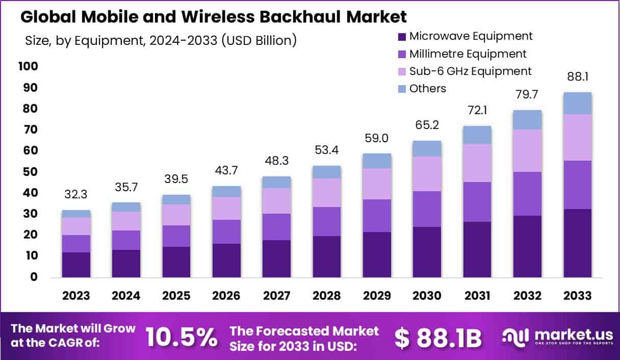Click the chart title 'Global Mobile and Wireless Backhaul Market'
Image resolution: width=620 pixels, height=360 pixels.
point(214,17)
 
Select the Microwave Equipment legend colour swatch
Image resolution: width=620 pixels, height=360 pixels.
point(402,37)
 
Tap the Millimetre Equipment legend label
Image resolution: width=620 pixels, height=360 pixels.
point(468,54)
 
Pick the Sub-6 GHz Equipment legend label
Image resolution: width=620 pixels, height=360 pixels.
point(470,71)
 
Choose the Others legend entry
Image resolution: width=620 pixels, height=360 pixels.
point(427,88)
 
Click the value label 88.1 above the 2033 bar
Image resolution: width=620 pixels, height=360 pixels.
point(578,77)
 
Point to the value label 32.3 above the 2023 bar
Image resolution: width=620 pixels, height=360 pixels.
point(76,195)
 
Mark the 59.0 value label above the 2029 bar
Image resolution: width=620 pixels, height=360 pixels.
point(377,138)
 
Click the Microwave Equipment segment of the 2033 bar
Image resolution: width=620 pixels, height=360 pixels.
point(577,243)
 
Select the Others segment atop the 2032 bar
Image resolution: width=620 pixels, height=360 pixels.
point(527,120)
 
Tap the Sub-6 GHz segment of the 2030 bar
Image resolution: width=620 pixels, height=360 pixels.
point(427,174)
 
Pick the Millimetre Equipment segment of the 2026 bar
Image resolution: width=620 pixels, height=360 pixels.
point(226,232)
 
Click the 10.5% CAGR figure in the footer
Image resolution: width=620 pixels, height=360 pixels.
point(181,337)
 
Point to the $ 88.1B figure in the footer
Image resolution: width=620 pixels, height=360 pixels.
point(438,337)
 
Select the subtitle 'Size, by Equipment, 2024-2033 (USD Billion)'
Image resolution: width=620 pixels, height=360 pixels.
point(161,40)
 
